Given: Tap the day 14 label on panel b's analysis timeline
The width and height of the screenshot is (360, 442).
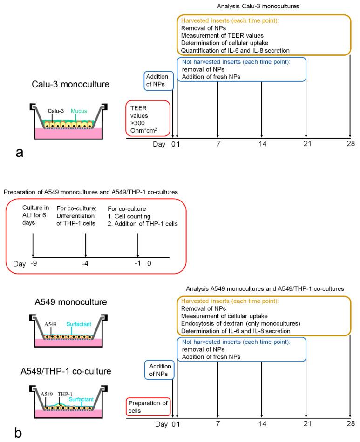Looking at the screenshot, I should (262, 424).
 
